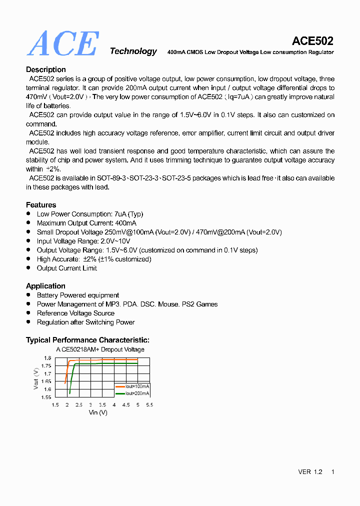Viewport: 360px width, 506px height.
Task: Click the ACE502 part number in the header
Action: click(x=312, y=41)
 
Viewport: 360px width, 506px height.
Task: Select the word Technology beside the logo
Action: click(x=133, y=51)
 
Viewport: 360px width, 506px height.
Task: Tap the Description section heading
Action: click(x=45, y=69)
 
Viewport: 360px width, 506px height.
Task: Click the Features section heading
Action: click(x=41, y=204)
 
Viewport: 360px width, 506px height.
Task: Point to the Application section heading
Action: click(x=45, y=286)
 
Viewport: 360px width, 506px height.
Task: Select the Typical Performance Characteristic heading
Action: click(x=87, y=340)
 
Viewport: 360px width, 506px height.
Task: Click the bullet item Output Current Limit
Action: click(x=66, y=268)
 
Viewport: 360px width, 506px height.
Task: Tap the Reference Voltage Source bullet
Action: click(x=75, y=313)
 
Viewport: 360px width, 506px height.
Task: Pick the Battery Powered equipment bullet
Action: click(x=77, y=295)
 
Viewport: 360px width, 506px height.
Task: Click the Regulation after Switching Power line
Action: click(x=85, y=322)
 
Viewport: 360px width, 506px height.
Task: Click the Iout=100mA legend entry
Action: click(x=133, y=386)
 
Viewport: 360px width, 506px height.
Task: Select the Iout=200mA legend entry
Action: click(x=133, y=393)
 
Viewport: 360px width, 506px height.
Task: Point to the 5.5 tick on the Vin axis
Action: click(x=149, y=405)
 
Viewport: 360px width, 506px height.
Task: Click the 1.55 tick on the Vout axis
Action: click(x=45, y=397)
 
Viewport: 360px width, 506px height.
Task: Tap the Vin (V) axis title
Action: click(x=98, y=412)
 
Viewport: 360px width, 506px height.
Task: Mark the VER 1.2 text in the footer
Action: click(x=310, y=472)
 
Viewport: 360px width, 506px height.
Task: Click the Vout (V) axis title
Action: click(x=36, y=378)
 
